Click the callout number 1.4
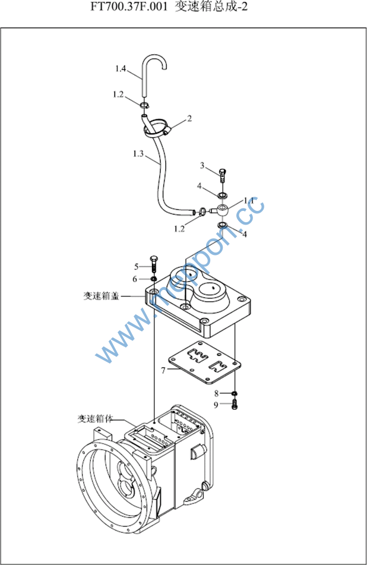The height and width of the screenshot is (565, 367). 121,68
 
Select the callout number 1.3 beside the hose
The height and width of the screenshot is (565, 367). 138,154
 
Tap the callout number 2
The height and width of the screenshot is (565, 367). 189,119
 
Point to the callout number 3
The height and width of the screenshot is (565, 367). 202,166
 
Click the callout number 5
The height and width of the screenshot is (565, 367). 136,267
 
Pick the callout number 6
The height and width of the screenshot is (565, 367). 135,279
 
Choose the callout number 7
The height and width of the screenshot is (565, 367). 163,370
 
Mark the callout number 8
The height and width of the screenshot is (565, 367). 216,393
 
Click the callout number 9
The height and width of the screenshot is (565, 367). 216,405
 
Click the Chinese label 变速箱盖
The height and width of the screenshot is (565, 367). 101,296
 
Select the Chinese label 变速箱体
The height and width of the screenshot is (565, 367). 95,418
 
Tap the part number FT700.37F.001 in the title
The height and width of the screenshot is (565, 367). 129,7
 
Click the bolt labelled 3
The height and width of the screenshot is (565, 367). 223,175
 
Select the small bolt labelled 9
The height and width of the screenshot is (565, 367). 235,405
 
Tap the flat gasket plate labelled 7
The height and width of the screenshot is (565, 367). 204,362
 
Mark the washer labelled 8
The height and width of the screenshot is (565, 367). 235,393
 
